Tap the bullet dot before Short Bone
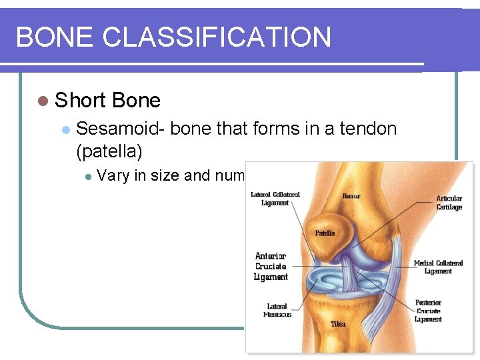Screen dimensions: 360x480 coord(43,101)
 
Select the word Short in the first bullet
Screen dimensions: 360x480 coord(81,101)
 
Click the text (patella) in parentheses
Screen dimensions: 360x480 coord(109,151)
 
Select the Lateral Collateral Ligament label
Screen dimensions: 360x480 coord(275,199)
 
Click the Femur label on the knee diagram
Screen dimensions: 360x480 coord(351,196)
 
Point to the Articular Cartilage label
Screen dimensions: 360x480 coord(449,203)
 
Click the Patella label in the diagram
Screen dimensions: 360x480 coord(325,233)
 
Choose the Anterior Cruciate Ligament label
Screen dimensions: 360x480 coord(271,266)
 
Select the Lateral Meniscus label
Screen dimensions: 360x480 coord(277,311)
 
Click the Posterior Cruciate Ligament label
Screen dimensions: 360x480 coord(428,311)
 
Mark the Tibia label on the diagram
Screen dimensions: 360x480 coord(339,324)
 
